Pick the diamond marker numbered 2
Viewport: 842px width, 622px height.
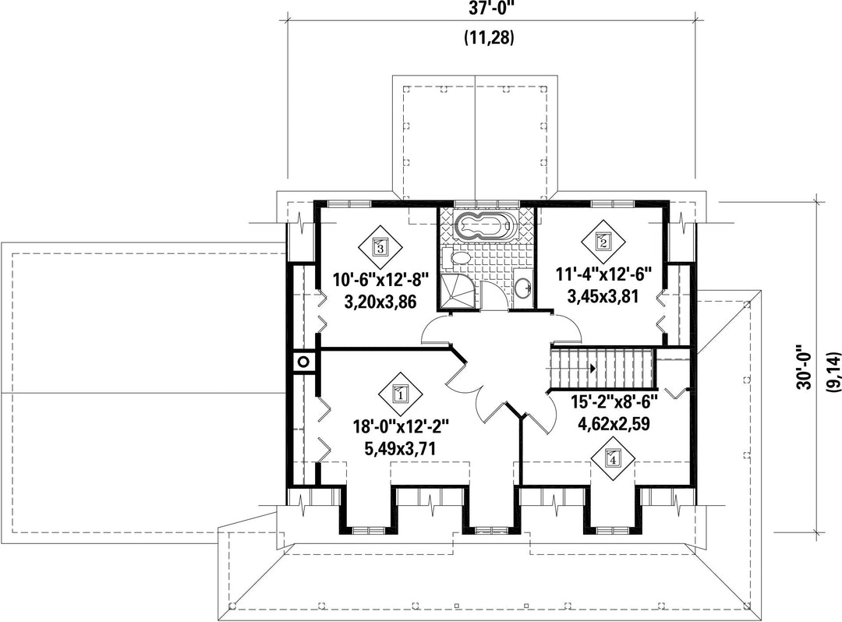[x=603, y=241]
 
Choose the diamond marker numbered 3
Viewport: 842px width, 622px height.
[x=380, y=247]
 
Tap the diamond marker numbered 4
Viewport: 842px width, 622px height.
[x=613, y=458]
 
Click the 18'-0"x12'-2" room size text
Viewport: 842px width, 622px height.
[x=400, y=427]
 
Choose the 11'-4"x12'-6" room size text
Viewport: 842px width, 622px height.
[x=603, y=274]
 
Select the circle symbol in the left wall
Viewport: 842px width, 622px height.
[x=303, y=362]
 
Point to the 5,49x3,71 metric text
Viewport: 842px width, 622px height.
[x=400, y=447]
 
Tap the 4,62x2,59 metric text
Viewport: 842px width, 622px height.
[x=614, y=424]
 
